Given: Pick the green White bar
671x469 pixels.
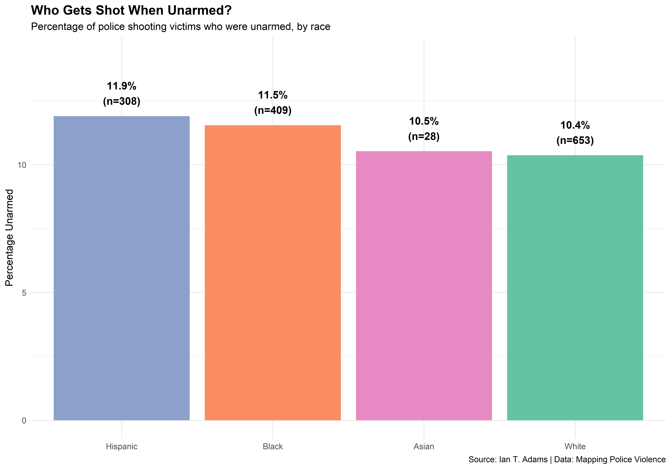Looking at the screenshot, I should (x=575, y=287).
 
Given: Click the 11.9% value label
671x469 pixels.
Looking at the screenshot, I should (x=122, y=86).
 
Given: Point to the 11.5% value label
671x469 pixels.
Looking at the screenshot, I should (x=273, y=95).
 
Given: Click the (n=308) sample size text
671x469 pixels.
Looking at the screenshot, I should (x=122, y=101).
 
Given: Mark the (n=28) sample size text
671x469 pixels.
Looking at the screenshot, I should (x=424, y=137).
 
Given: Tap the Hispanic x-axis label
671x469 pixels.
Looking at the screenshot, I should (x=122, y=447).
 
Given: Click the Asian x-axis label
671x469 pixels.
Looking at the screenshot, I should (x=424, y=447).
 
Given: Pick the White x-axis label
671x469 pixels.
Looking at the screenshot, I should (x=575, y=447).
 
